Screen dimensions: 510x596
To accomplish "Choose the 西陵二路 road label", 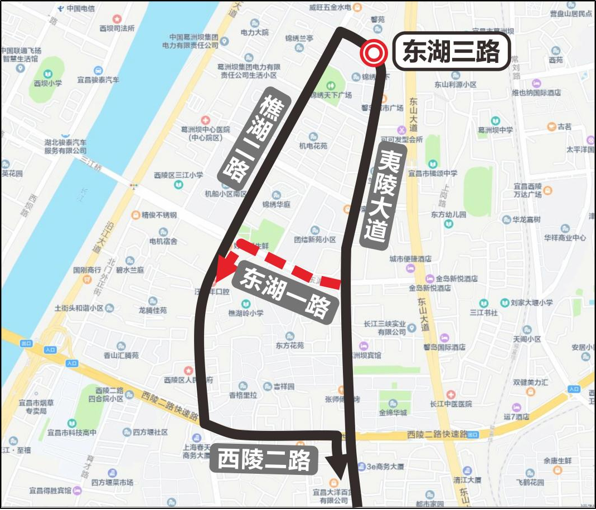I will tap(264, 460).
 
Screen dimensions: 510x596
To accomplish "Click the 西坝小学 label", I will tap(47, 84).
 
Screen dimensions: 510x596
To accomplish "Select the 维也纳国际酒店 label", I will tap(537, 93).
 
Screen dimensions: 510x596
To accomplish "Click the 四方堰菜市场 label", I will tap(113, 482).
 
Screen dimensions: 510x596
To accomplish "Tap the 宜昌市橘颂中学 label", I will tap(433, 173).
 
